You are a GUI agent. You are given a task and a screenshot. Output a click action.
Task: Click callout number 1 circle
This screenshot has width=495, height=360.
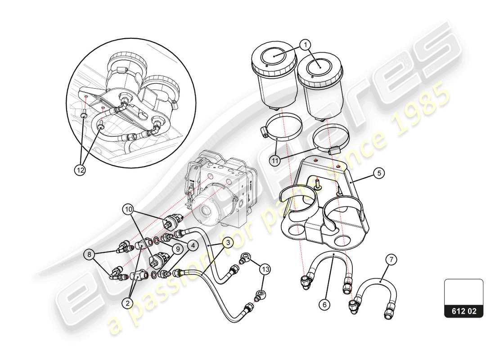(306, 45)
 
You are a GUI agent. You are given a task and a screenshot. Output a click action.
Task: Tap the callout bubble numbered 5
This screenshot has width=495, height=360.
(378, 172)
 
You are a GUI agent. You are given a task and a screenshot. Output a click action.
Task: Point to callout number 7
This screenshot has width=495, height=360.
(391, 259)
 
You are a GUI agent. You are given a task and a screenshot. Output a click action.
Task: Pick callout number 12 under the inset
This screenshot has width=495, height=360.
(80, 170)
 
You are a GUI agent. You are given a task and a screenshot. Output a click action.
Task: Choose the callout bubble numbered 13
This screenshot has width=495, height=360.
(265, 269)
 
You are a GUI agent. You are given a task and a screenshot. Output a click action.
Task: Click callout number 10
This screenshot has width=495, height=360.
(129, 209)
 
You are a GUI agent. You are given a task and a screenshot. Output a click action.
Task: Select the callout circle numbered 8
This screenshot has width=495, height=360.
(89, 255)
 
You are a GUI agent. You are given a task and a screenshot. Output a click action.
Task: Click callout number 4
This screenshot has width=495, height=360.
(193, 246)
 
